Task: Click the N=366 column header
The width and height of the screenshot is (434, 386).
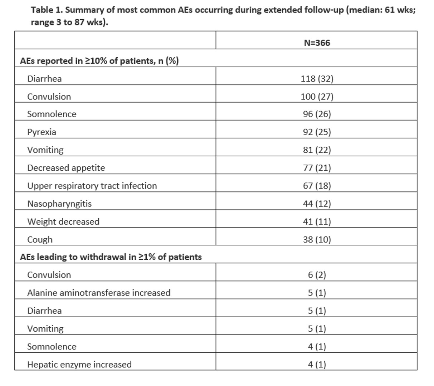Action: (317, 43)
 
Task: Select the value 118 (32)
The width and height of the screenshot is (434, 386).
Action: (317, 79)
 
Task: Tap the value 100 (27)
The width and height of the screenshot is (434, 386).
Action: (317, 97)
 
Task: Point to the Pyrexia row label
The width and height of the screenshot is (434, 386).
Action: (42, 132)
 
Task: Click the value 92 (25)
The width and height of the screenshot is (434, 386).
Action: (317, 132)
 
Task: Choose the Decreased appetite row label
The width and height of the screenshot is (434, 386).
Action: (66, 168)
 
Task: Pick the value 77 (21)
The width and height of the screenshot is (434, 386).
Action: (317, 168)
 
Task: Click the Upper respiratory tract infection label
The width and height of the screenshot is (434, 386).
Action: (92, 186)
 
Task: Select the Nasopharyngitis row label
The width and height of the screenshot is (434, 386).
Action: (59, 204)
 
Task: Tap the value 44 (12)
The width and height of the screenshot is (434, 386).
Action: (317, 204)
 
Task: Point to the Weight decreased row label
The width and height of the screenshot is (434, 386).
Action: (63, 221)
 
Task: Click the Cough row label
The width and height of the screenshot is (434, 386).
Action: (40, 239)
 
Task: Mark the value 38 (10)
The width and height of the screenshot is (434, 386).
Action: (317, 239)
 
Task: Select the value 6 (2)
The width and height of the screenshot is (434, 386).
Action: (317, 275)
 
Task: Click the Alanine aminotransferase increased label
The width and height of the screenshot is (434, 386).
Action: (99, 293)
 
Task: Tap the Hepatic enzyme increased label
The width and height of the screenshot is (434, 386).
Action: (79, 364)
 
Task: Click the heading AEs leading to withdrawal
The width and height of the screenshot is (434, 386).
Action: (111, 257)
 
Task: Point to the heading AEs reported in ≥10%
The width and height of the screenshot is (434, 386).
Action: (99, 61)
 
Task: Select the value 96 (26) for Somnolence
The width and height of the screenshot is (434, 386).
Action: (317, 114)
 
